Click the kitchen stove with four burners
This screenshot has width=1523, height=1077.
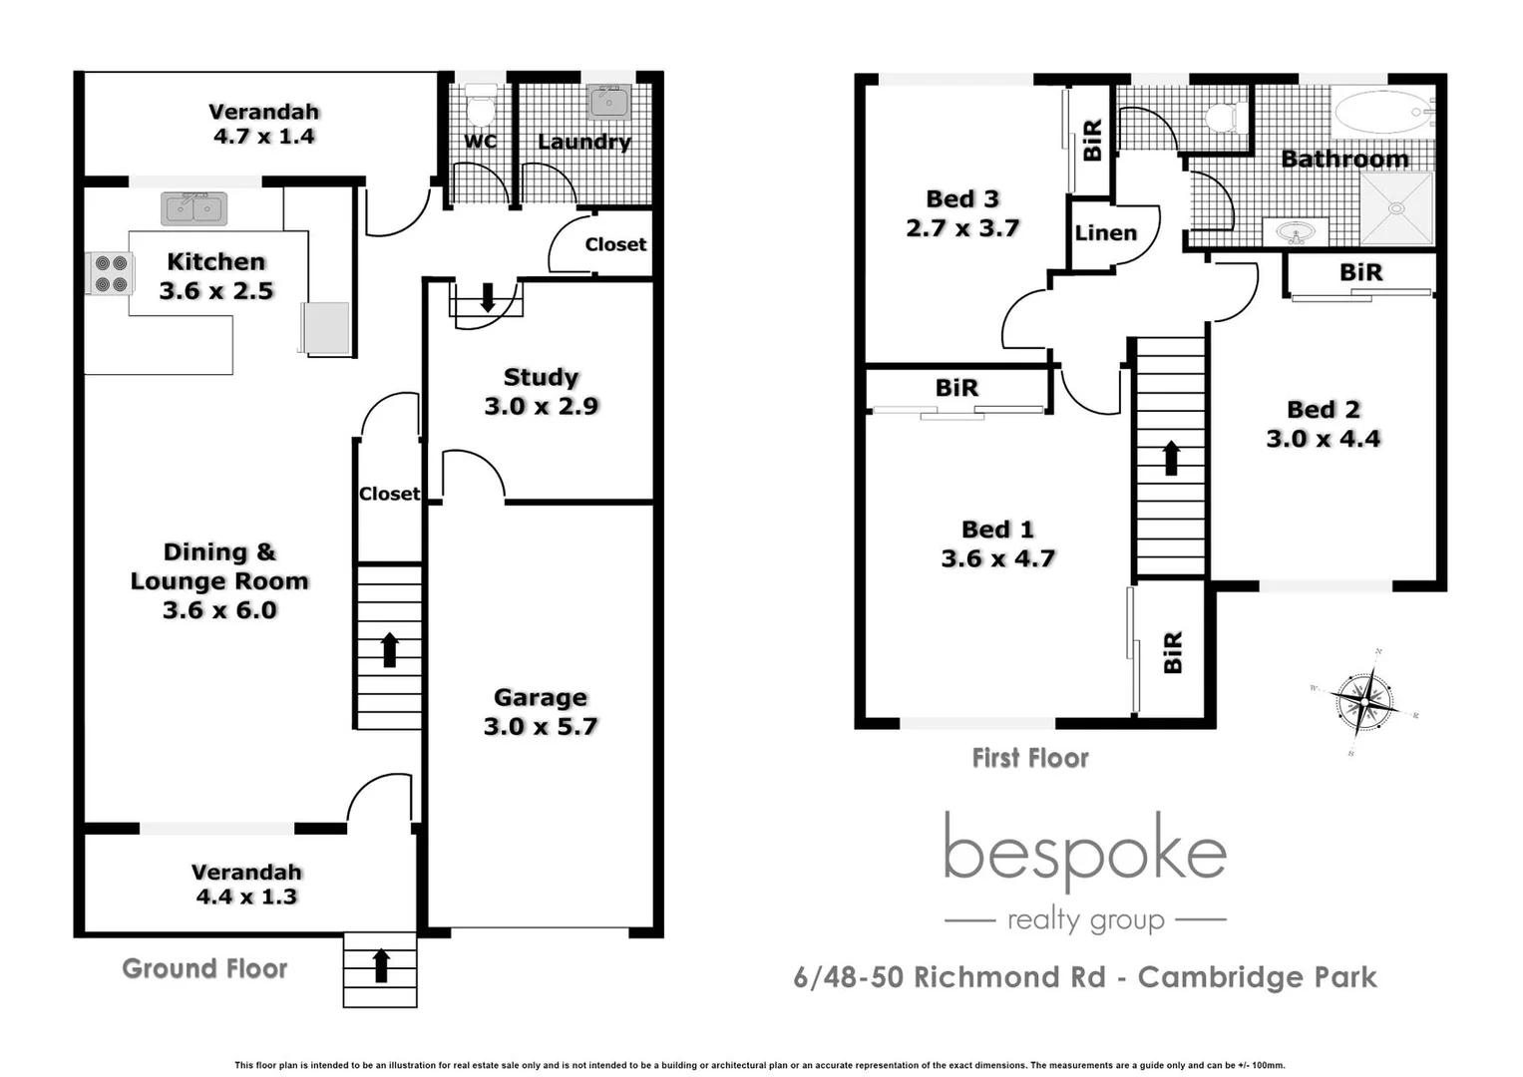pos(111,273)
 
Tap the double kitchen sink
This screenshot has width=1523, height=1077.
pos(194,208)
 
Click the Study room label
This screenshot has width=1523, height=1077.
pos(541,377)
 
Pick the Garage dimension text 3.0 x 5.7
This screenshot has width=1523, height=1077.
pos(541,726)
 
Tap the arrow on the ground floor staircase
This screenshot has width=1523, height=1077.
pos(390,649)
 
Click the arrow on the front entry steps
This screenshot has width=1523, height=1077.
pos(381,965)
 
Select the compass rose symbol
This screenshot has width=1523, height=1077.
pos(1363,702)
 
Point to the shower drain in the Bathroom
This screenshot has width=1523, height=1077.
pos(1396,208)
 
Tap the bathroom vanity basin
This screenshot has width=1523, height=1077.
pos(1297,233)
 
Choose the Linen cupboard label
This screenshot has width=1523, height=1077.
pos(1105,232)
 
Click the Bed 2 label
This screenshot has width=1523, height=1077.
pos(1324,409)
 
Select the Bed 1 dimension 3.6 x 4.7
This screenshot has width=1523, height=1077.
pos(997,558)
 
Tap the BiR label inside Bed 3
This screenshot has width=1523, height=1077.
pos(1092,140)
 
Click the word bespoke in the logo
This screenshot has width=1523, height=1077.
pos(1084,850)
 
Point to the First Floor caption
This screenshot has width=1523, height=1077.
pos(1030,758)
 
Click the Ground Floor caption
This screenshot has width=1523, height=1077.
pos(204,968)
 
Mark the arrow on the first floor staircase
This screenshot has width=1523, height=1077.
pos(1172,458)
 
